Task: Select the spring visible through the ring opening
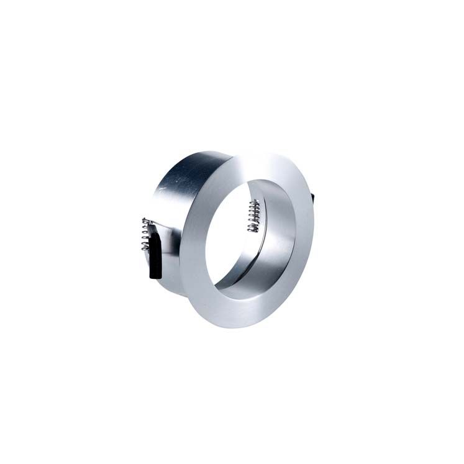[253, 217]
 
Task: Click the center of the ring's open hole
[255, 239]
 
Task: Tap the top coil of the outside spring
[145, 221]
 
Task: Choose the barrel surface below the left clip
[171, 280]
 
